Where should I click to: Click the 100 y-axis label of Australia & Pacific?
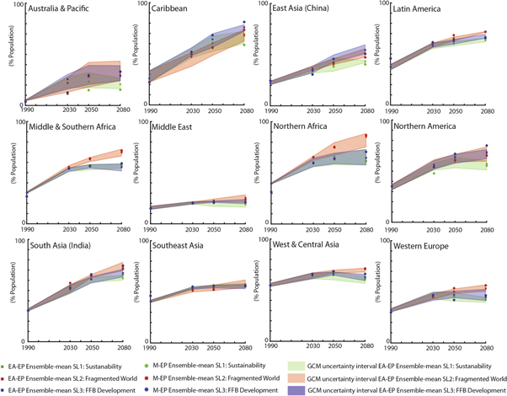(x=8, y=8)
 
